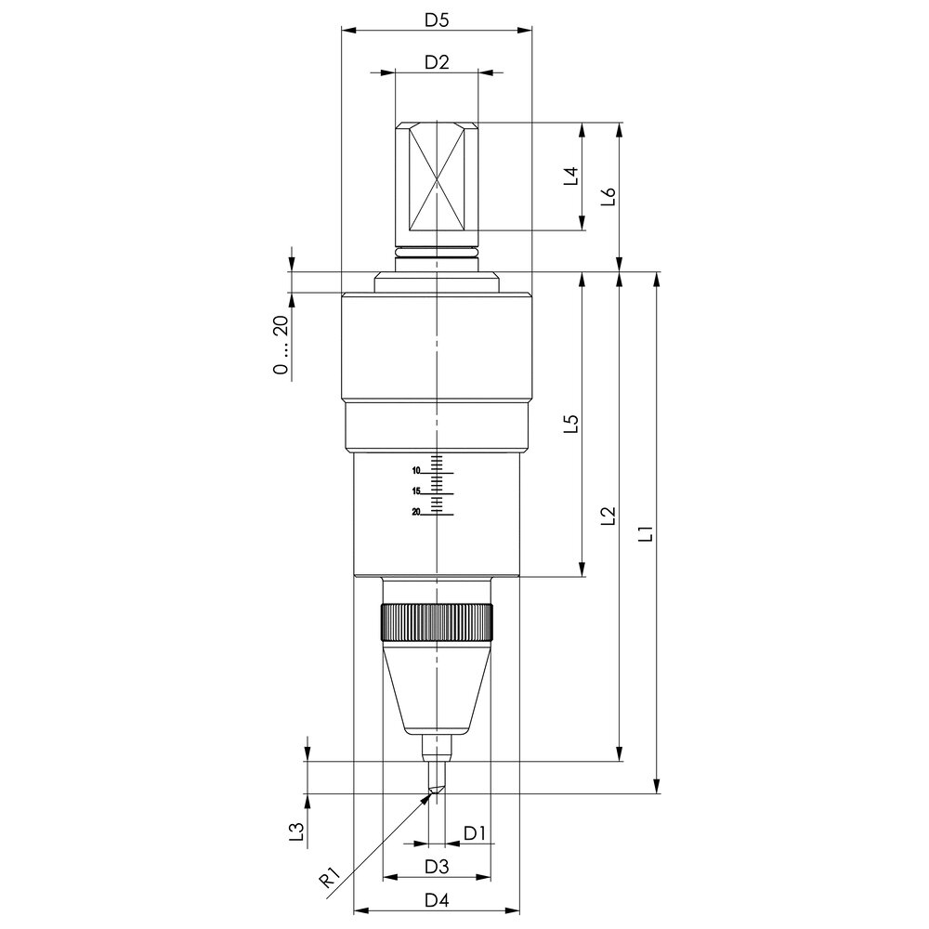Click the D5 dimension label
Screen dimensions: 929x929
pyautogui.click(x=437, y=20)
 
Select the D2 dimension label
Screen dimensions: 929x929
pyautogui.click(x=437, y=61)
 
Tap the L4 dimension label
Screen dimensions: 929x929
pyautogui.click(x=570, y=176)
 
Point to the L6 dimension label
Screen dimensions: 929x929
pyautogui.click(x=608, y=197)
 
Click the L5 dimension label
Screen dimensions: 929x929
pyautogui.click(x=570, y=424)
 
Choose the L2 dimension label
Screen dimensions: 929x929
pyautogui.click(x=608, y=516)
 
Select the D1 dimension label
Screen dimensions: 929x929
pyautogui.click(x=475, y=833)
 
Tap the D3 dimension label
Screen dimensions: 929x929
pyautogui.click(x=437, y=866)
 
